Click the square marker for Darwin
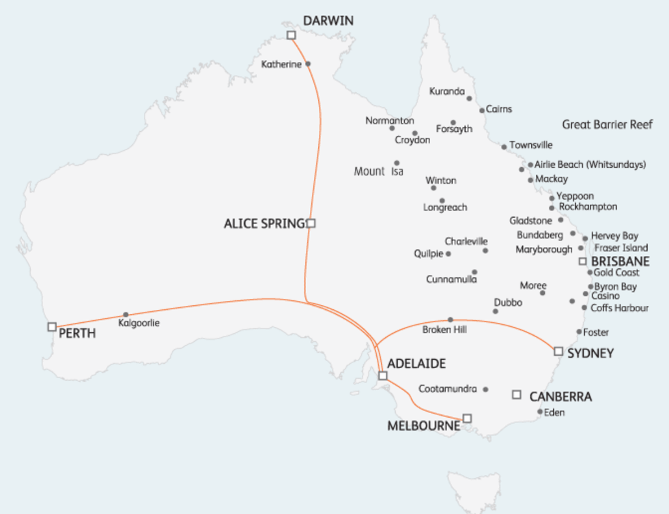(x=291, y=35)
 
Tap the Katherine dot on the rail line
(x=308, y=63)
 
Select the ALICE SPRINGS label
(x=265, y=223)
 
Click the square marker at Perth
(x=52, y=327)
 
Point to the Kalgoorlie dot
(x=126, y=315)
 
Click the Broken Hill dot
(x=450, y=319)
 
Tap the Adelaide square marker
(x=382, y=375)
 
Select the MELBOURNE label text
(x=423, y=426)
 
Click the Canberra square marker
(x=517, y=395)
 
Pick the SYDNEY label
(x=590, y=353)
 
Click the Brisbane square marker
(x=582, y=261)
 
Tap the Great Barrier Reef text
(x=607, y=124)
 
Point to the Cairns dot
(x=482, y=110)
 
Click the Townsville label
(x=530, y=145)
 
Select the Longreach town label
(x=445, y=208)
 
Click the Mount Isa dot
(x=396, y=163)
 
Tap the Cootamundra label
(x=447, y=389)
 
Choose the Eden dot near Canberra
(x=540, y=412)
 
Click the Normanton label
(x=389, y=120)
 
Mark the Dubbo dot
(x=496, y=311)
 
